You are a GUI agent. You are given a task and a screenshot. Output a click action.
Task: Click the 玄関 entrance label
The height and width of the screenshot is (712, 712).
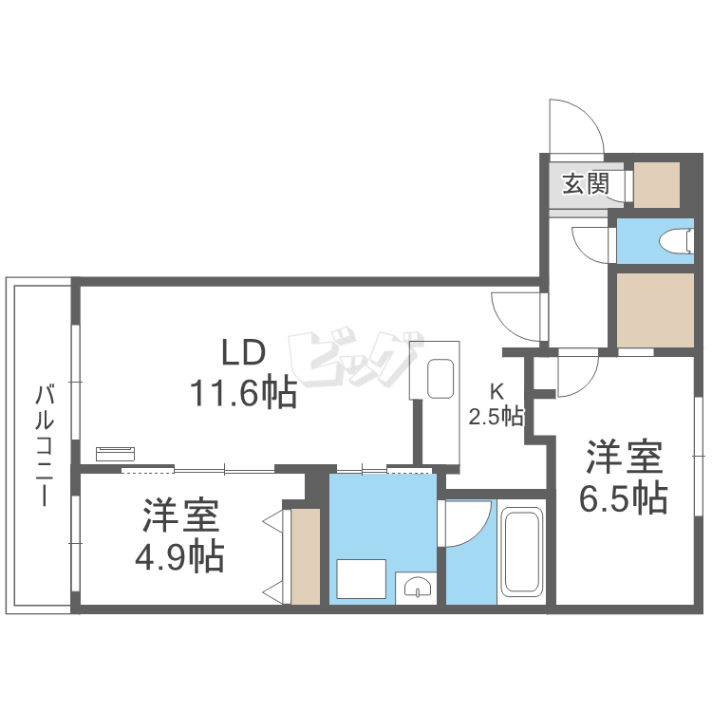pyautogui.click(x=585, y=183)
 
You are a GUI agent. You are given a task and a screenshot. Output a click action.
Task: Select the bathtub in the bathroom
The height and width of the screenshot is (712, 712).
pyautogui.click(x=521, y=552)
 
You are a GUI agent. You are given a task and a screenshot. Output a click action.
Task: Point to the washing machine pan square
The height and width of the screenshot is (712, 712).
pyautogui.click(x=361, y=580)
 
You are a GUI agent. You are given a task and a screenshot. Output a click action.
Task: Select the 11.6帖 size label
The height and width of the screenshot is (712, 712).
pyautogui.click(x=244, y=391)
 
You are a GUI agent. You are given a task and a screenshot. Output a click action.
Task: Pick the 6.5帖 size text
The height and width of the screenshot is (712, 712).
pyautogui.click(x=623, y=497)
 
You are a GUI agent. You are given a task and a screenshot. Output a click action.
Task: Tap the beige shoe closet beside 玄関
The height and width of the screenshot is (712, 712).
pyautogui.click(x=657, y=185)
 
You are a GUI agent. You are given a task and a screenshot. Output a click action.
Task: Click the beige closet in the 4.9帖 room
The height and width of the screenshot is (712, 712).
pyautogui.click(x=306, y=556)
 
